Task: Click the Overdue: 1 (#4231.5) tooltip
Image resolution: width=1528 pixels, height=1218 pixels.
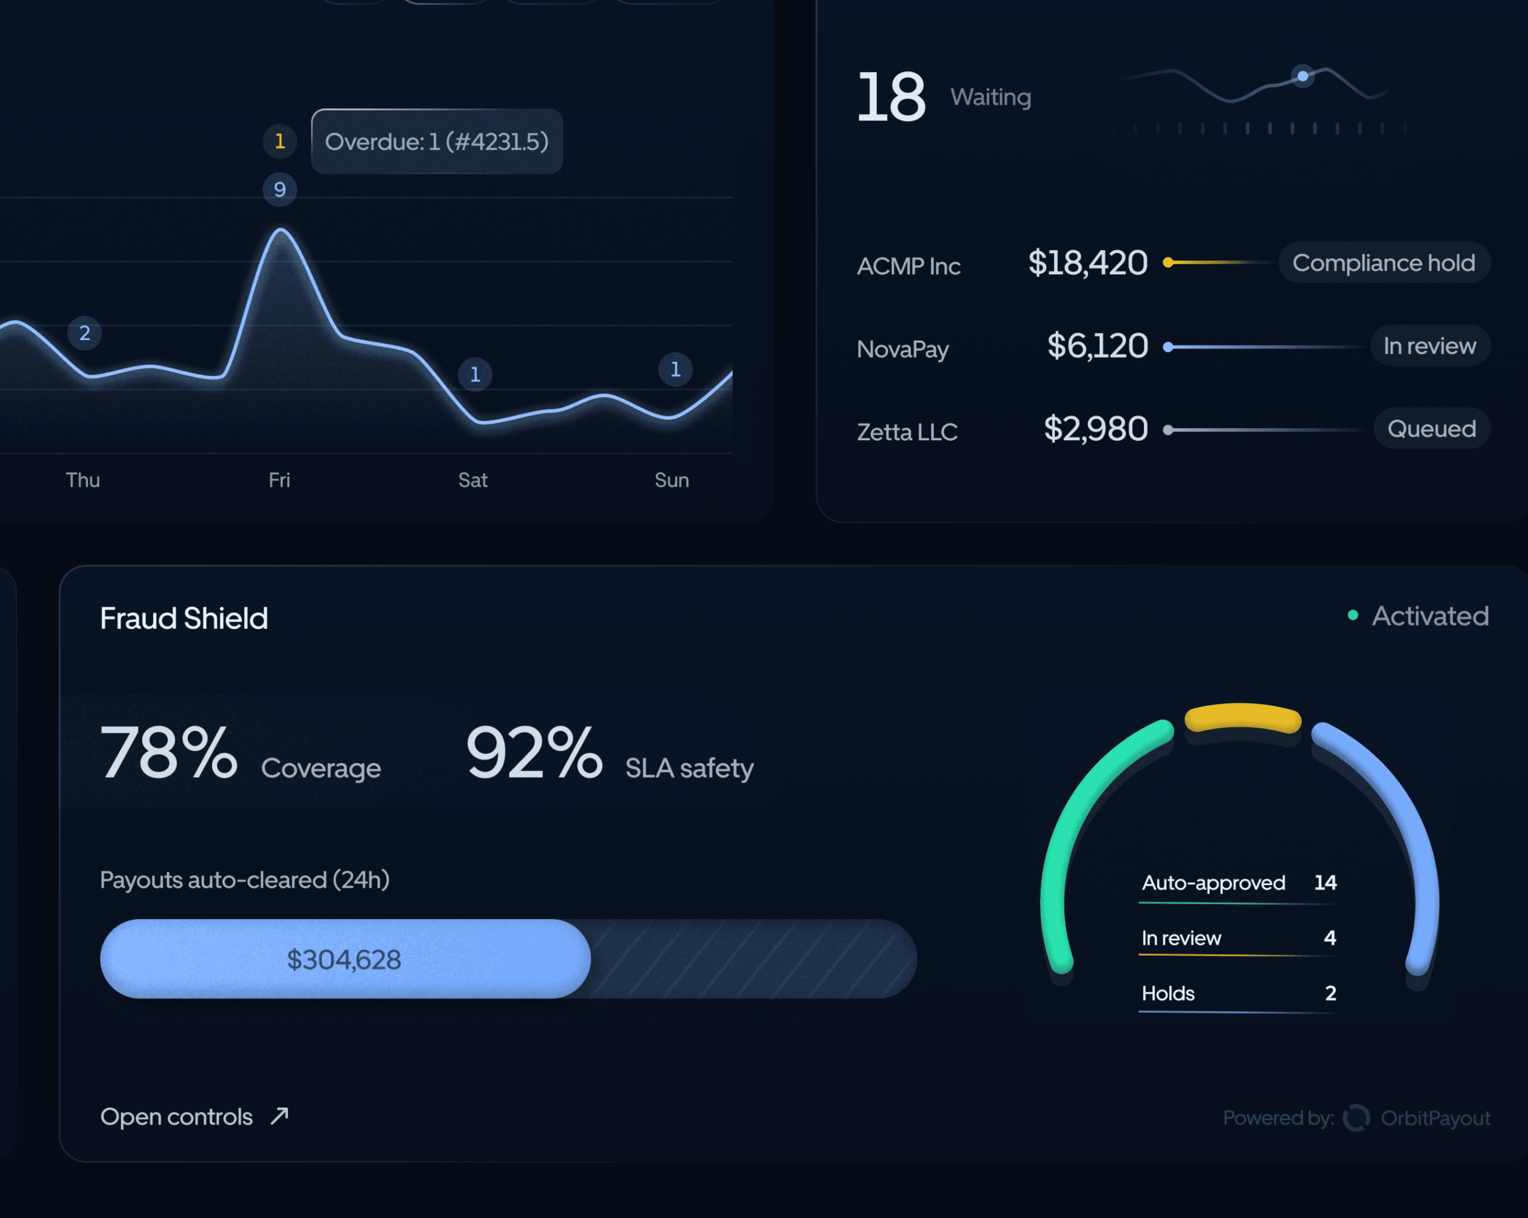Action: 437,142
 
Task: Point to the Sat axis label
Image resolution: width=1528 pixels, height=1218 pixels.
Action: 473,480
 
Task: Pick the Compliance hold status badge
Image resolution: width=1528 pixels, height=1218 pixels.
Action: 1384,263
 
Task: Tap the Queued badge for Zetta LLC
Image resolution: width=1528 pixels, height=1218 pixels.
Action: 1432,429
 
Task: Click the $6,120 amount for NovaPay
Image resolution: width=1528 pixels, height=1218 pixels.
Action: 1097,346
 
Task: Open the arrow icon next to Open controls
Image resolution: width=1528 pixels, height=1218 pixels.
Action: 280,1116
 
